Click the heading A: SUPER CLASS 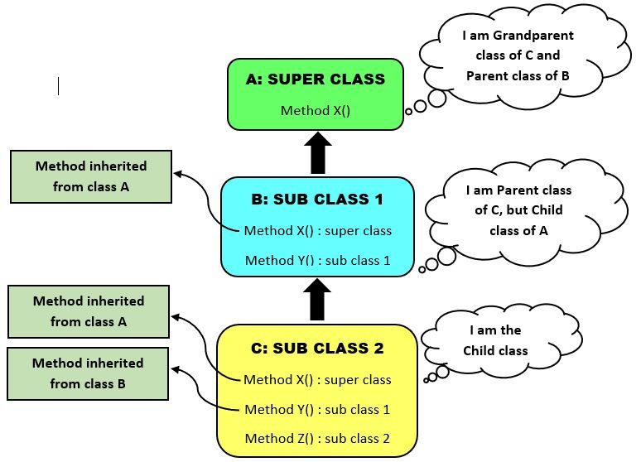[316, 79]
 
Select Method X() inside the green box [316, 110]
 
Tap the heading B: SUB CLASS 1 [317, 200]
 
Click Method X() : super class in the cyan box [318, 231]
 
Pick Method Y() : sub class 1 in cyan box [318, 261]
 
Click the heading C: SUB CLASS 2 [317, 349]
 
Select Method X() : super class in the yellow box [317, 380]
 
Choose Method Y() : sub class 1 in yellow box [317, 410]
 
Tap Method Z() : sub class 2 [317, 439]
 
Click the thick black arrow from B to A [317, 153]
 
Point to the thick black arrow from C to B [317, 300]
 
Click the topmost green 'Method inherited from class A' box [91, 176]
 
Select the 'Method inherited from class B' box [88, 373]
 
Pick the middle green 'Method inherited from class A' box [89, 311]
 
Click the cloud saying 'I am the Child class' [494, 340]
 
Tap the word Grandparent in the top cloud [530, 36]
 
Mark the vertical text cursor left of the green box [58, 85]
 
